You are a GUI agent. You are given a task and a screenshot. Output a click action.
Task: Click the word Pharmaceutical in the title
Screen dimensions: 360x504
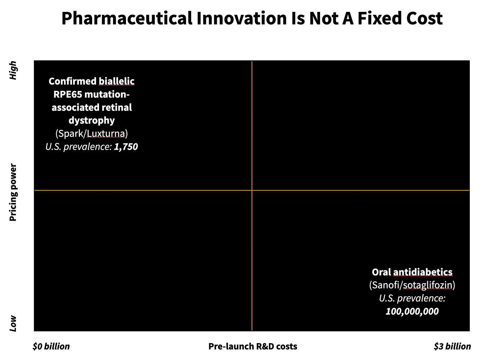tap(127, 19)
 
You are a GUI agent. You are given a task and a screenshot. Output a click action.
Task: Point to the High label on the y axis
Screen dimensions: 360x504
tap(13, 70)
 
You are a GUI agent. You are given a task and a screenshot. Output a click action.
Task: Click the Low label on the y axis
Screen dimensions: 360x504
tap(13, 323)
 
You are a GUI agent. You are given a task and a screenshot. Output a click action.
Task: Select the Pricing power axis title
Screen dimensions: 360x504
tap(13, 192)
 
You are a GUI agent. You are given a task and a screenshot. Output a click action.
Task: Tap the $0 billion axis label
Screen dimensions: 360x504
tap(51, 346)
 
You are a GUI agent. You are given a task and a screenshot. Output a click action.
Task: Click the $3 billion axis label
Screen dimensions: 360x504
tap(452, 346)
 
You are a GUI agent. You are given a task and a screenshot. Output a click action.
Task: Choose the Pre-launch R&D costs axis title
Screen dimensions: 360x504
tap(253, 346)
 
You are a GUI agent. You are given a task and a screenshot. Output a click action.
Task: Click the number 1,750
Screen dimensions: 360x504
tap(126, 147)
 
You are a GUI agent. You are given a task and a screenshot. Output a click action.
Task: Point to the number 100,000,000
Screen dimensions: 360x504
tap(412, 311)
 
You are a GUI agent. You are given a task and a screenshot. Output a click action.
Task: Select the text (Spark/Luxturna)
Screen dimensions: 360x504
tap(91, 134)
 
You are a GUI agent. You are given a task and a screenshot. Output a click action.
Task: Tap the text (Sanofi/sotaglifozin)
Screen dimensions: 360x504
tap(412, 285)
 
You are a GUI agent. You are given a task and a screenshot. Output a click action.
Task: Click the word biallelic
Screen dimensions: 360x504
tap(117, 81)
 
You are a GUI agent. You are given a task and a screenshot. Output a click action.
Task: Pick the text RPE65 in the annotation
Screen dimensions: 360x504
tap(67, 94)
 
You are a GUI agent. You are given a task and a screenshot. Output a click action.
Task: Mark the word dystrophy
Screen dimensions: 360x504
tap(91, 121)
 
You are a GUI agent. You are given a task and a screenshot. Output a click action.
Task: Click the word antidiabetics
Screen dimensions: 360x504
tap(423, 272)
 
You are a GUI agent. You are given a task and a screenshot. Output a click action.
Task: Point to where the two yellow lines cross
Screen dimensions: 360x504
tap(252, 190)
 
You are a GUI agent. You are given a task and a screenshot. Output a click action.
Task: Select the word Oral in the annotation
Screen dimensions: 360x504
tap(381, 272)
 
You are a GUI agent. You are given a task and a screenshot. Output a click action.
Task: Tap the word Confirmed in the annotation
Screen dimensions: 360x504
tap(73, 81)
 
